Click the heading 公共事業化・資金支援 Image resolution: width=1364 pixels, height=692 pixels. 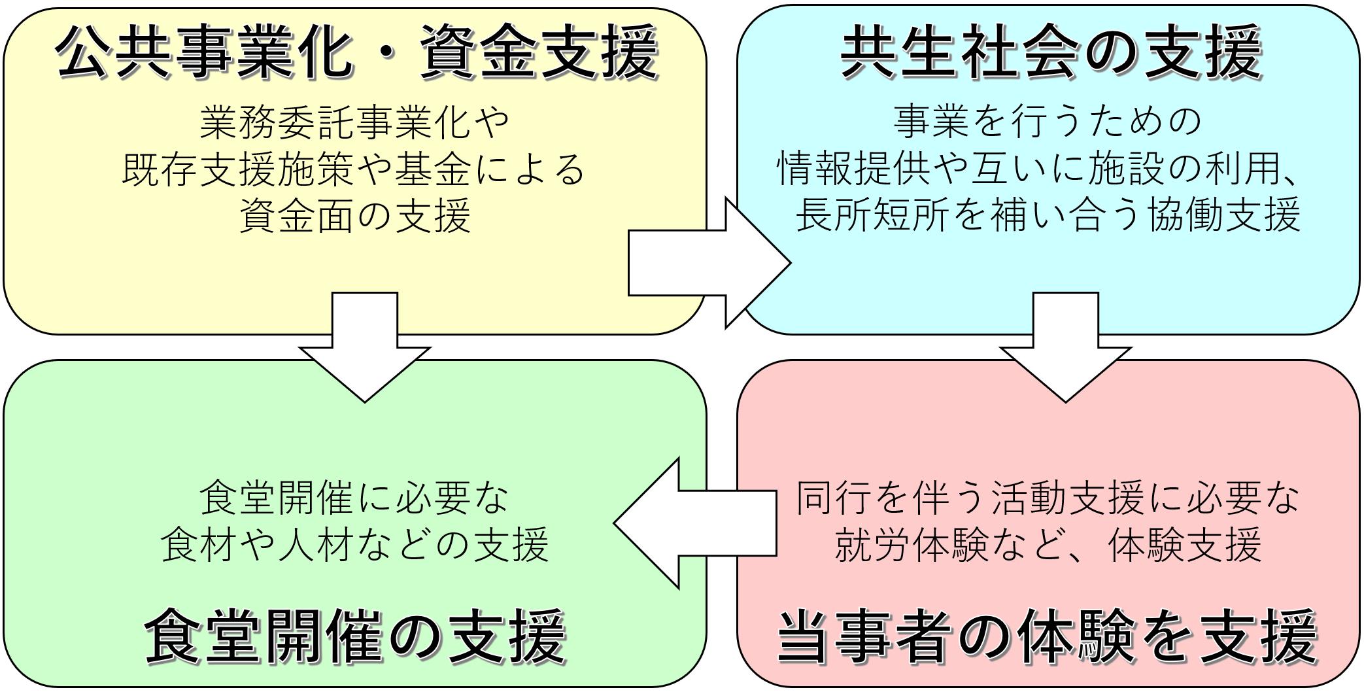coord(356,54)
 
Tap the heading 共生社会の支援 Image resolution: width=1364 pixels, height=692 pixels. coord(1050,54)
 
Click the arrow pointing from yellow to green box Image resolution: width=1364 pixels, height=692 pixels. coord(365,347)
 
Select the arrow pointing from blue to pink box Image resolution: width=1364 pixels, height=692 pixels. coord(1065,347)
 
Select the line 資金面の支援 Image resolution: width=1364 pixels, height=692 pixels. coord(354,216)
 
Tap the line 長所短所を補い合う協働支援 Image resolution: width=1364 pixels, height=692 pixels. coord(1048,216)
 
